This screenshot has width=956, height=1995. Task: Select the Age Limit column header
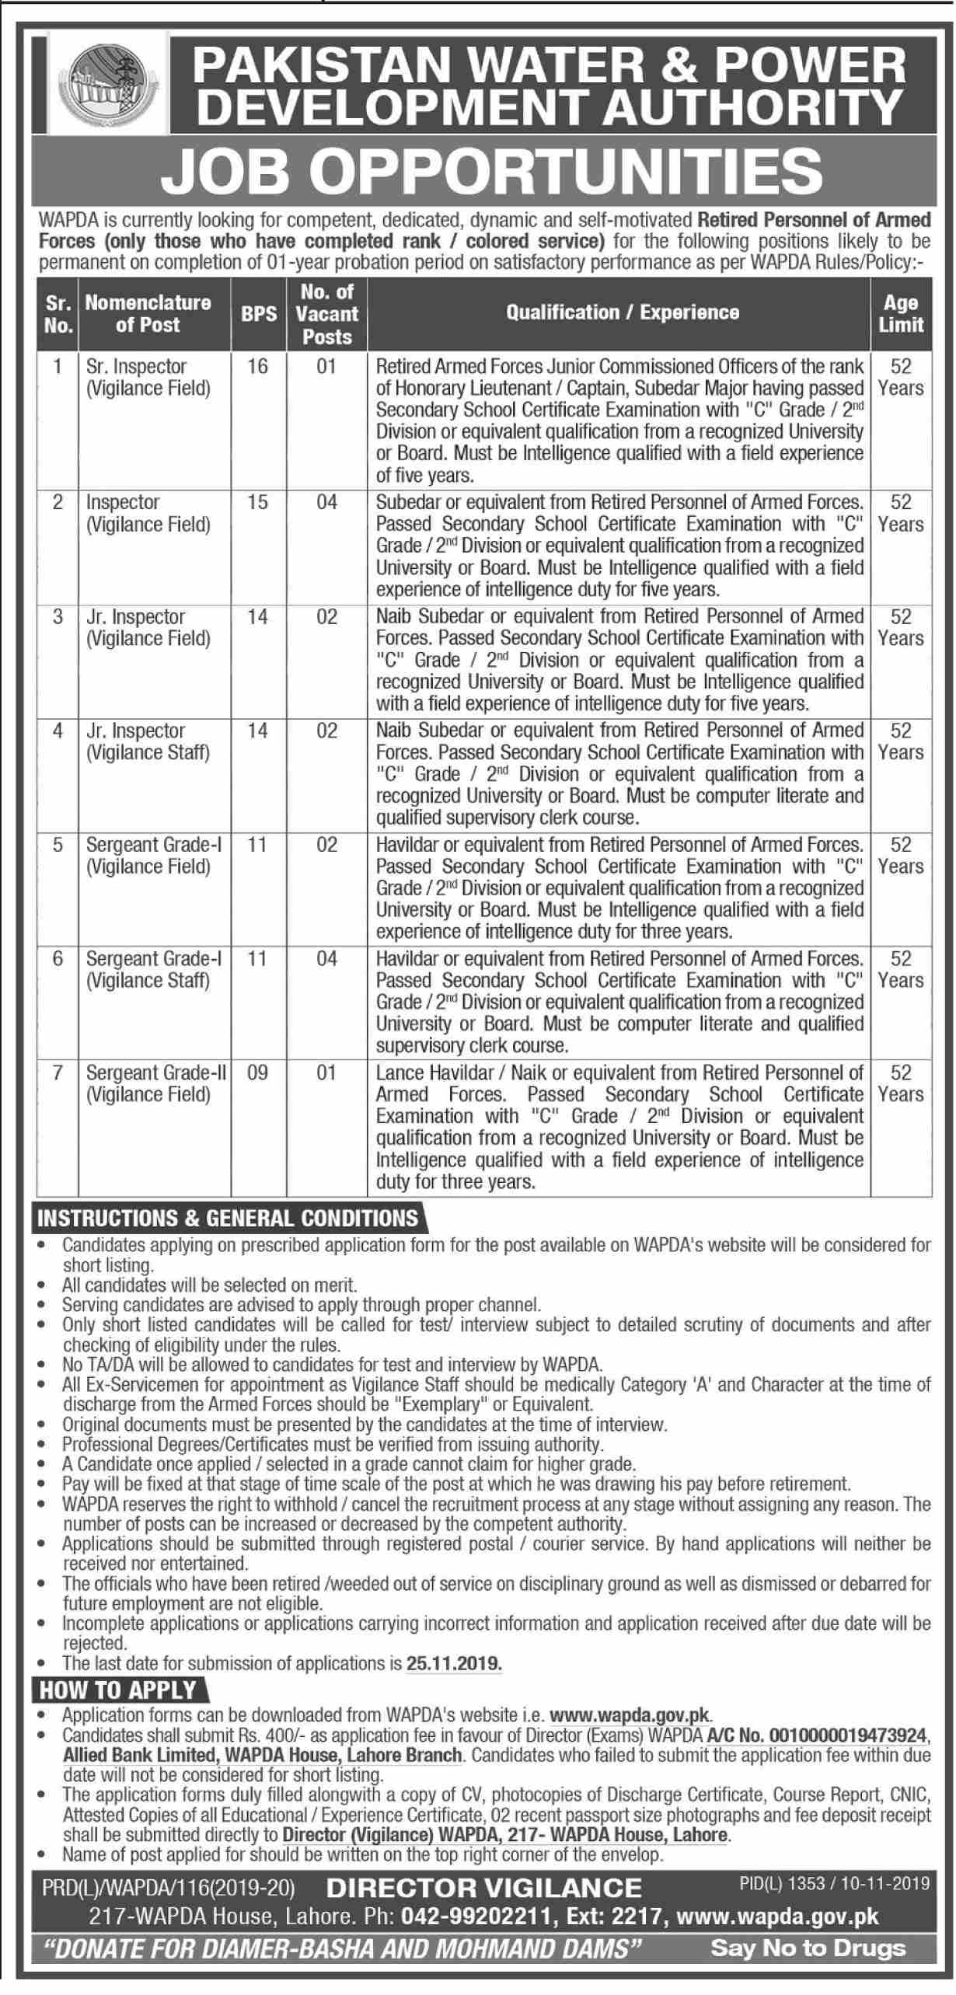pyautogui.click(x=901, y=314)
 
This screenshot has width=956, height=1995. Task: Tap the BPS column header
pyautogui.click(x=259, y=314)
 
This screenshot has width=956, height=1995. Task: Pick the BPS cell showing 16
pyautogui.click(x=258, y=366)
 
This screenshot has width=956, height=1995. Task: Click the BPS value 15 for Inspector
pyautogui.click(x=258, y=503)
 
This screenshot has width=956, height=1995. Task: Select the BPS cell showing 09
pyautogui.click(x=258, y=1073)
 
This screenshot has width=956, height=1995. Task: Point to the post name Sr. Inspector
pyautogui.click(x=137, y=366)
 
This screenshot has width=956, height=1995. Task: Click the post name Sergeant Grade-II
pyautogui.click(x=156, y=1073)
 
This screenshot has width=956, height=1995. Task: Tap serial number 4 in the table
pyautogui.click(x=58, y=731)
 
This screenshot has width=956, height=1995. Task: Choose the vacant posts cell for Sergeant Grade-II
pyautogui.click(x=326, y=1073)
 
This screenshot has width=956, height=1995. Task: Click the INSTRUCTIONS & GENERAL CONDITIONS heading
pyautogui.click(x=227, y=1218)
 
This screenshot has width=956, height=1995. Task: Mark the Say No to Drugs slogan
pyautogui.click(x=808, y=1963)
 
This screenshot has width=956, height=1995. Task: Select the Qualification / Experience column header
pyautogui.click(x=622, y=313)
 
